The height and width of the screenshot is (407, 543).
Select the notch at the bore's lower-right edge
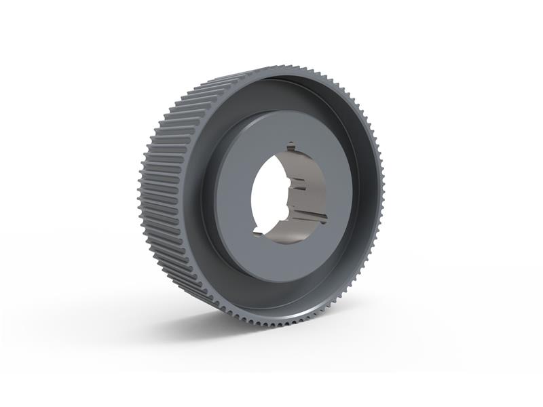(x=323, y=218)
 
